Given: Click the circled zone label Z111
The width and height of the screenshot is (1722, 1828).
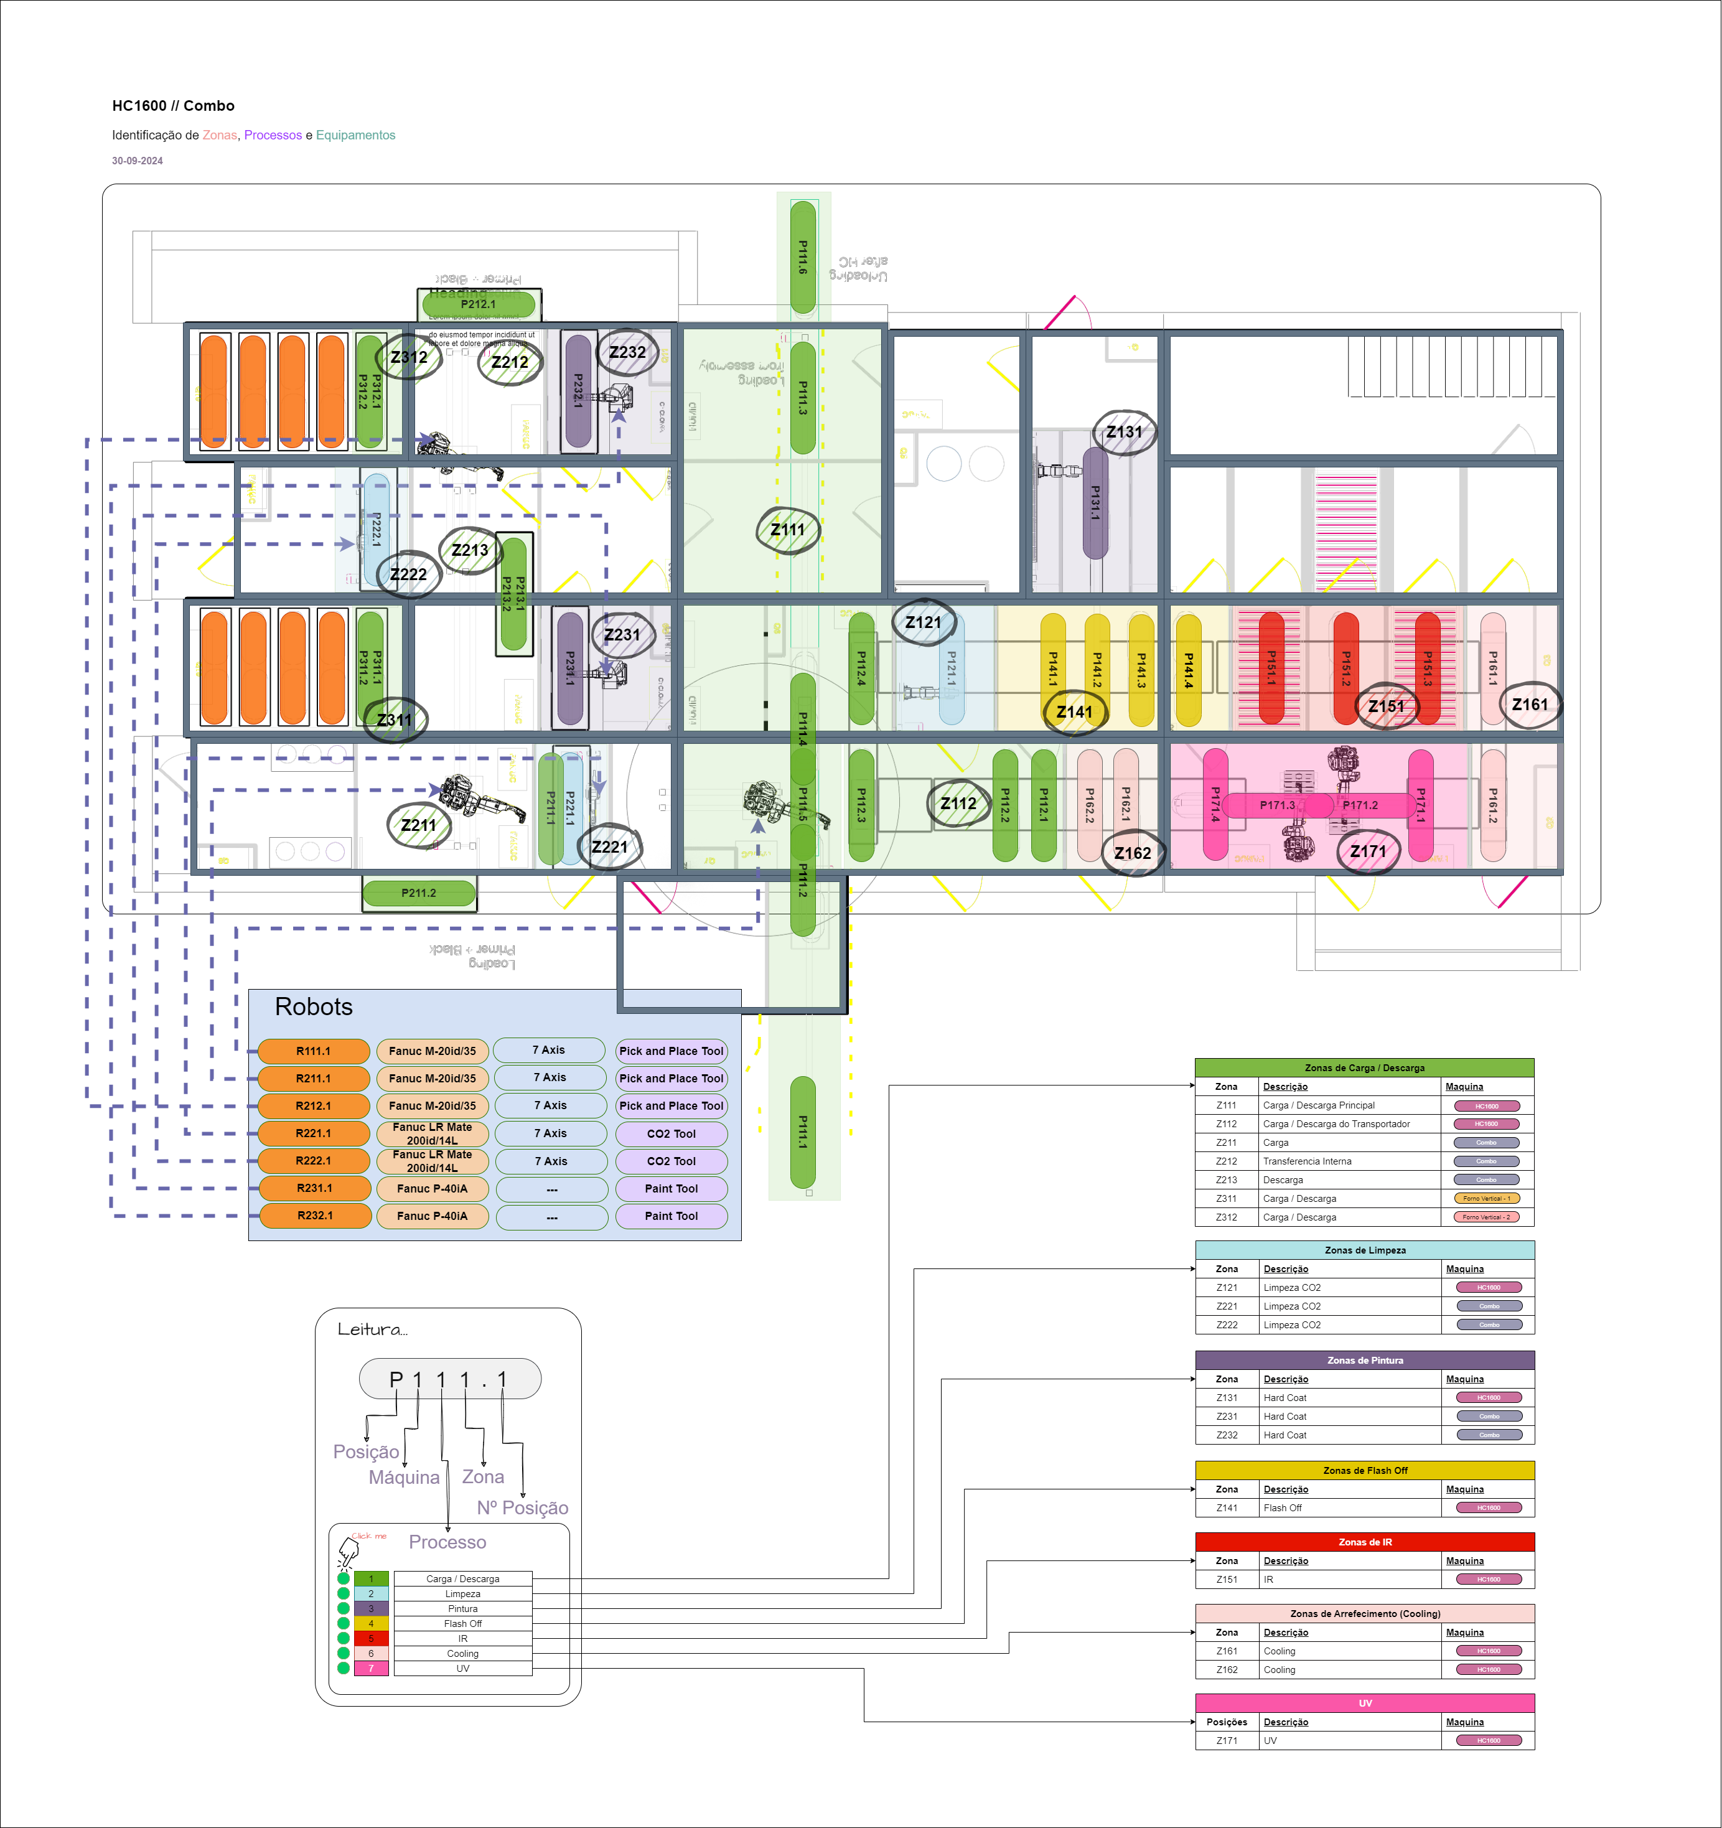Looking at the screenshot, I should pos(787,530).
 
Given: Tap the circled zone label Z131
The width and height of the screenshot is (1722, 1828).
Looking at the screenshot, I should pos(1123,432).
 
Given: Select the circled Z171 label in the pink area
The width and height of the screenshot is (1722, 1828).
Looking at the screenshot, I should pos(1367,851).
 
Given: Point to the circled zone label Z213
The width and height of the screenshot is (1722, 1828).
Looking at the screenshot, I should pos(470,550).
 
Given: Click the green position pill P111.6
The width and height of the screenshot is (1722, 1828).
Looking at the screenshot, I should pos(803,258).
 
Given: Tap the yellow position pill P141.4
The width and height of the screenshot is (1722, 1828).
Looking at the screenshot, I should pos(1188,670).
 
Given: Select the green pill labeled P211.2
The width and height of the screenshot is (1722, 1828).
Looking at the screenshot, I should pos(419,893).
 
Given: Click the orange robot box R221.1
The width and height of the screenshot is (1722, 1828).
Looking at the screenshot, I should pos(314,1134).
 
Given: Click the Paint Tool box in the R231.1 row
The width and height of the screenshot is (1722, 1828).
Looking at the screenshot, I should pos(671,1189).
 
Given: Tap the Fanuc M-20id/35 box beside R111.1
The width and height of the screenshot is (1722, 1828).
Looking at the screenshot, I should pos(432,1051).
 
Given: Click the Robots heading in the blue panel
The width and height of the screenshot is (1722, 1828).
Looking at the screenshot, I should pos(314,1007).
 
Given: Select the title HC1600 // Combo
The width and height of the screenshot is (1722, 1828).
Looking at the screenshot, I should pos(173,106).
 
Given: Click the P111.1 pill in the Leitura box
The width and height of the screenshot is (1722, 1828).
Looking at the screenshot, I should pos(449,1379).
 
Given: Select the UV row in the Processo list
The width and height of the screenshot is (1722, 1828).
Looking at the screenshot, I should pos(462,1668).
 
